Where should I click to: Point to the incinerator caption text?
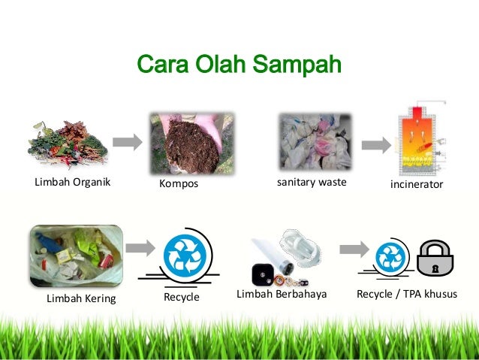[x=417, y=184]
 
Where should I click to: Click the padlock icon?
[x=435, y=258]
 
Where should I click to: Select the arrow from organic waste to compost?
[x=127, y=141]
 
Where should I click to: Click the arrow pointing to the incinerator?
[x=375, y=143]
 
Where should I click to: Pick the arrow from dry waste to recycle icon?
[x=139, y=249]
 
